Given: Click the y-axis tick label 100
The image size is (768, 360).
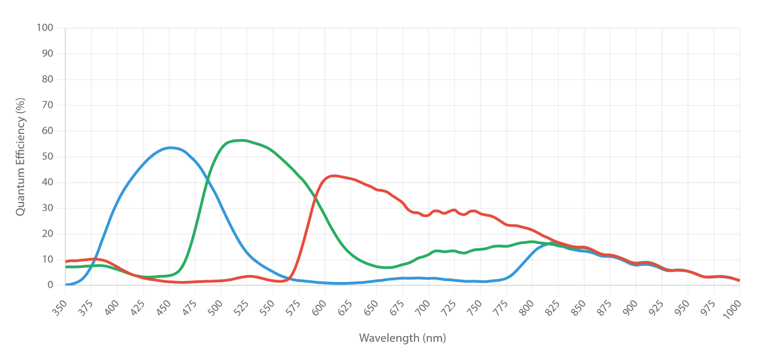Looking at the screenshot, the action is click(x=45, y=28).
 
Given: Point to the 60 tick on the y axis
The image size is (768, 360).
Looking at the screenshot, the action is click(x=48, y=131).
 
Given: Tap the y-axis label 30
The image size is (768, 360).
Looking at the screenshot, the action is click(x=48, y=208).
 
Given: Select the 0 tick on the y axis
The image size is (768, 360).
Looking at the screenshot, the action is click(x=50, y=285).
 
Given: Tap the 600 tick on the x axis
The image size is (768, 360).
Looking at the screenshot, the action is click(x=319, y=308).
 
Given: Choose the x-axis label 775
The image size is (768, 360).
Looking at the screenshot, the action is click(x=501, y=308).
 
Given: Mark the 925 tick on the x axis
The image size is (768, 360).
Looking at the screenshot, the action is click(x=657, y=308).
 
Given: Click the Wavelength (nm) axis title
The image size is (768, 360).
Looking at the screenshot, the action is click(x=403, y=338).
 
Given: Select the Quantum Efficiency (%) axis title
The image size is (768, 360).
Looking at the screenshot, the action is click(x=21, y=156).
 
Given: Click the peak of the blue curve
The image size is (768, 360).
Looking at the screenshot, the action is click(x=170, y=148).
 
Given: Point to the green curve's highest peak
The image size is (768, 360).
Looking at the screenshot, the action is click(x=241, y=140).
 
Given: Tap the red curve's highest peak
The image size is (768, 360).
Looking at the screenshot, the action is click(x=334, y=176).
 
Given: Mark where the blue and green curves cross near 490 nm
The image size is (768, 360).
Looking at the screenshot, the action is click(x=207, y=179).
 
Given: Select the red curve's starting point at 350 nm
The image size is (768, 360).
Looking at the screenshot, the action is click(x=66, y=262).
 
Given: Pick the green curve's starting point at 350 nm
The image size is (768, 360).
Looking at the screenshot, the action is click(x=66, y=267).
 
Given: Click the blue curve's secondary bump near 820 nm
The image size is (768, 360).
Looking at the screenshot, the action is click(x=552, y=243).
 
